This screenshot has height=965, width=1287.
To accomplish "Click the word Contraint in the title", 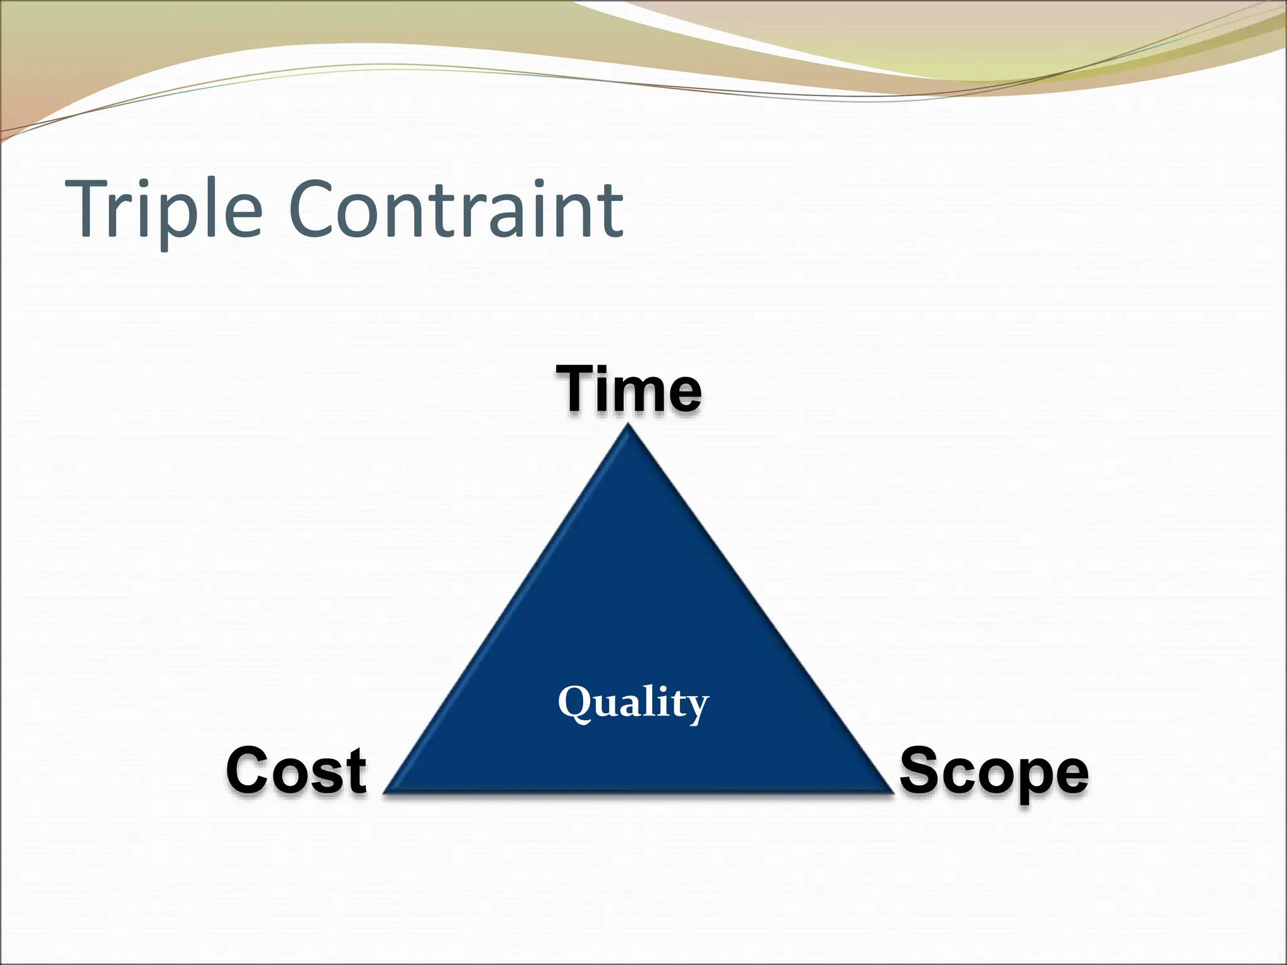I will pos(456,209).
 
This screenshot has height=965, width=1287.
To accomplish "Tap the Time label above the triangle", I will pos(628,390).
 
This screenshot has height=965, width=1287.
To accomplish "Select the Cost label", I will pos(295,771).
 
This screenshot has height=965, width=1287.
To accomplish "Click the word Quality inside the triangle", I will pos(633,703).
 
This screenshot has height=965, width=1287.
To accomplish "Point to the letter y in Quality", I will pos(697,707).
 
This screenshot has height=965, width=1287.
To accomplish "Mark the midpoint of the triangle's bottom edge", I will pos(638,790).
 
